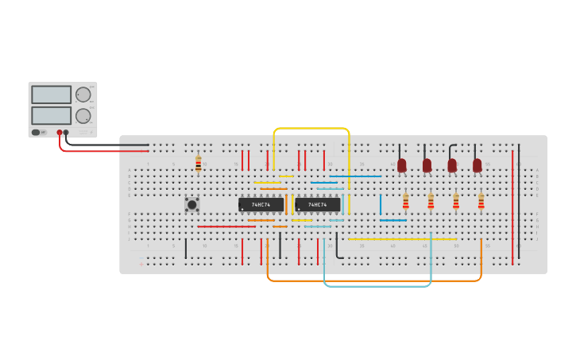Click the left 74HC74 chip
[x=261, y=204]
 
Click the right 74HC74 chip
[x=318, y=204]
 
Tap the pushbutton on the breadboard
[x=191, y=204]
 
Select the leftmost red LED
[x=402, y=165]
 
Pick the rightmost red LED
[x=477, y=165]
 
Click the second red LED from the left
[x=427, y=165]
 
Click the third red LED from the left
[x=452, y=165]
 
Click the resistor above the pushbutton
[x=198, y=164]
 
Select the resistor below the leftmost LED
[x=405, y=201]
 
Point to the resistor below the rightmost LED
[x=481, y=201]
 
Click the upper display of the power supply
[x=51, y=95]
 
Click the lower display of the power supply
[x=51, y=115]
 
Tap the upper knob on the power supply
[x=83, y=95]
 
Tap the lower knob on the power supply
[x=83, y=116]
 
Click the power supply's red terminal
[x=60, y=133]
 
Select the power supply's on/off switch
[x=36, y=132]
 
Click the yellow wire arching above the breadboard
[x=311, y=128]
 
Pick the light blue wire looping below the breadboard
[x=377, y=285]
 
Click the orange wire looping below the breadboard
[x=373, y=281]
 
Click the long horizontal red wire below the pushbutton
[x=226, y=226]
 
